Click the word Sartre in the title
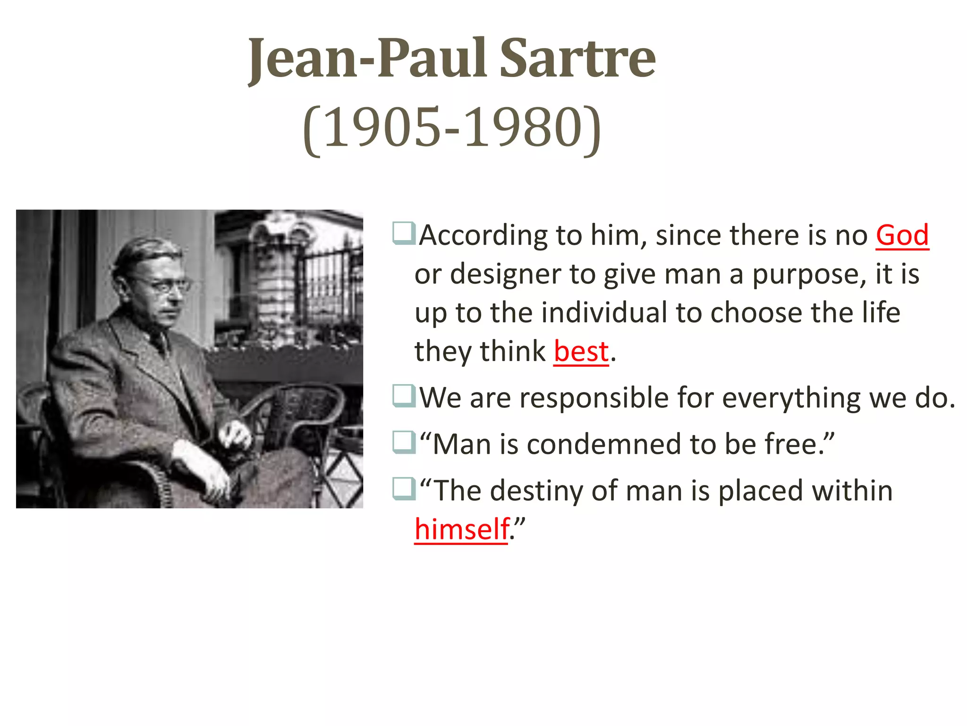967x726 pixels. tap(577, 59)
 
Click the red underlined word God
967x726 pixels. tap(902, 235)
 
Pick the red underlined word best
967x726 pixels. tap(581, 352)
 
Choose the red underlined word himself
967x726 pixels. tap(461, 529)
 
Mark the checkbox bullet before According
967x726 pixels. tap(404, 233)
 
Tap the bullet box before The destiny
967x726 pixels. tap(404, 489)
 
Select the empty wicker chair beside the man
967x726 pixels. tap(302, 416)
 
